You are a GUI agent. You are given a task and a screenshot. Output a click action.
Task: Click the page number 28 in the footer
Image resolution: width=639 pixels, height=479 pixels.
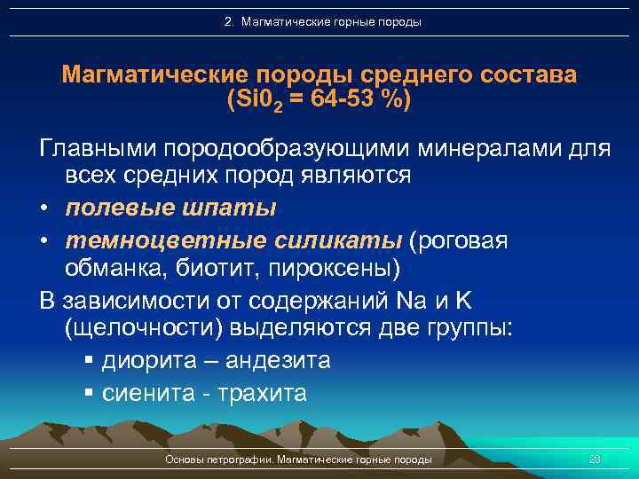tap(595, 459)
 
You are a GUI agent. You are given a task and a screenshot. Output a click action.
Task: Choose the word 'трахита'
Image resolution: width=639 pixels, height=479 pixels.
tap(262, 392)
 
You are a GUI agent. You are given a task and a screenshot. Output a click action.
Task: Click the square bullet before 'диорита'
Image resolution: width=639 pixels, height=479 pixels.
tap(89, 361)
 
